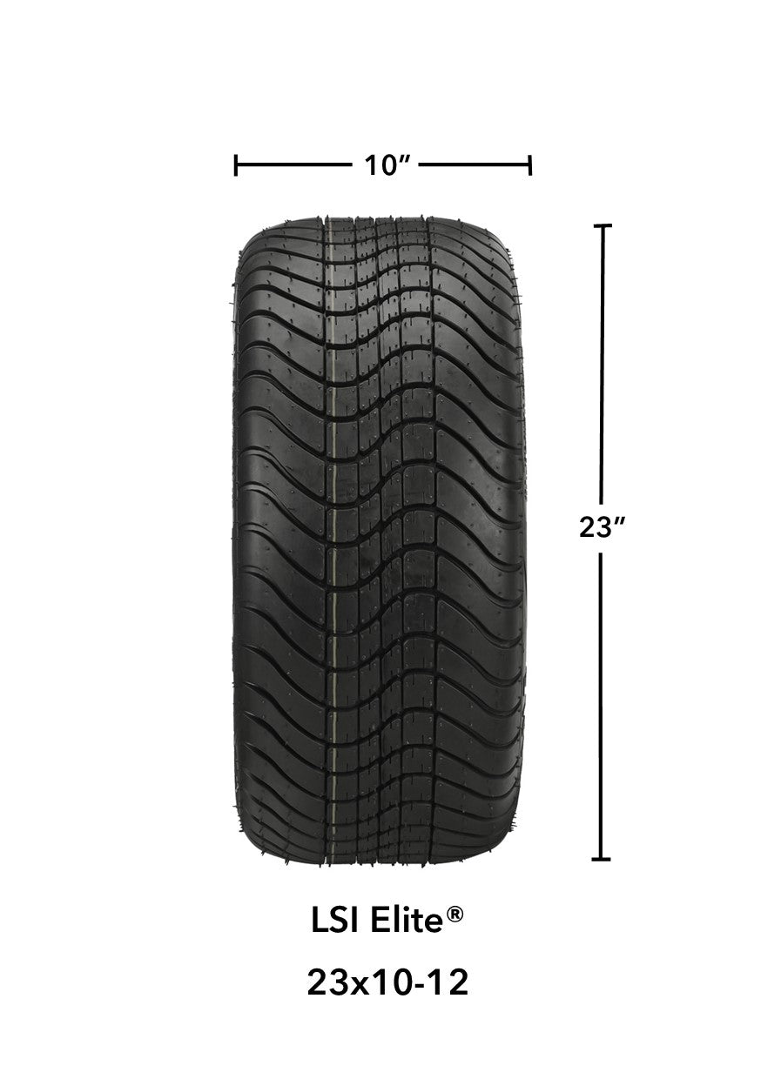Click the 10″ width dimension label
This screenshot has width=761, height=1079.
click(381, 164)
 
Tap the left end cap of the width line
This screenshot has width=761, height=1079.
click(236, 164)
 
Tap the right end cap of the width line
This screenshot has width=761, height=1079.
click(529, 164)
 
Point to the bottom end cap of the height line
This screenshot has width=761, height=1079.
click(601, 859)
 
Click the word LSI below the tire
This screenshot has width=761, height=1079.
click(332, 922)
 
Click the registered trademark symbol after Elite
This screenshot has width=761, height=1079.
click(456, 915)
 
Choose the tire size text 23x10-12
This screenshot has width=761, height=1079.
click(387, 983)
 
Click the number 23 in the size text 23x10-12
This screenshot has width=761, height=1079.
click(324, 983)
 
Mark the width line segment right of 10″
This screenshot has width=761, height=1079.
click(475, 164)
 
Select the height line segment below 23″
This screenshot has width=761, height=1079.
click(601, 705)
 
